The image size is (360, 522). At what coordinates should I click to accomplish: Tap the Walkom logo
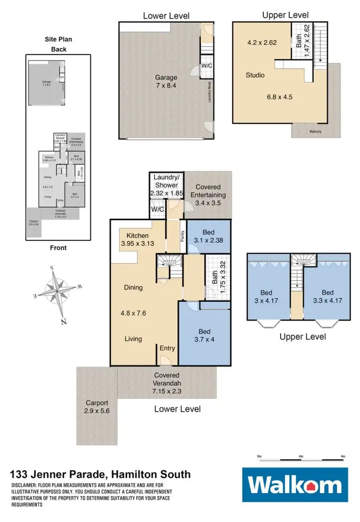(x=294, y=486)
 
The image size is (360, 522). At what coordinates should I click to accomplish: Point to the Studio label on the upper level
(x=255, y=75)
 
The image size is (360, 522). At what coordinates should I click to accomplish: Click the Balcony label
(x=315, y=131)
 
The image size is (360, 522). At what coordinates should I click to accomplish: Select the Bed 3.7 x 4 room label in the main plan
(x=204, y=335)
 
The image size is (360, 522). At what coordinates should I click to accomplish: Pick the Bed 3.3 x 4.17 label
(x=327, y=297)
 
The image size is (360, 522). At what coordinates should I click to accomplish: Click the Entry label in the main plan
(x=168, y=348)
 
